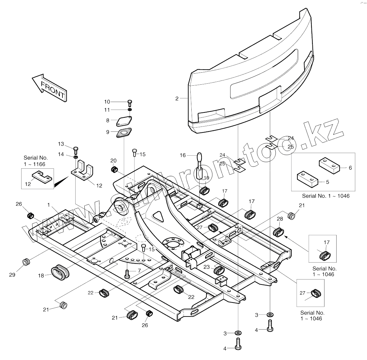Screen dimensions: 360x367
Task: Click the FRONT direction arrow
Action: click(50, 87)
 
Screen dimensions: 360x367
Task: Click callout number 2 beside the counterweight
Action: click(177, 98)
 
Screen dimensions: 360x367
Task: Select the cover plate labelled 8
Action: click(125, 121)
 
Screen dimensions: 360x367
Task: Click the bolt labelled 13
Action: click(76, 150)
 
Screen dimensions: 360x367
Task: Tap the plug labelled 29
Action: click(26, 262)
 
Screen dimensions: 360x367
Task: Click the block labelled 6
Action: click(328, 165)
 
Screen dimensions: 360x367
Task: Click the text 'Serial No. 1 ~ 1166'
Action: click(34, 161)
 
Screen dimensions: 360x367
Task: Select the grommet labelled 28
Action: click(279, 231)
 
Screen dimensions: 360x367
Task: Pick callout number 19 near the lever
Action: click(206, 178)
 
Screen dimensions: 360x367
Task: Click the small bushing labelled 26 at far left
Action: click(31, 215)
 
